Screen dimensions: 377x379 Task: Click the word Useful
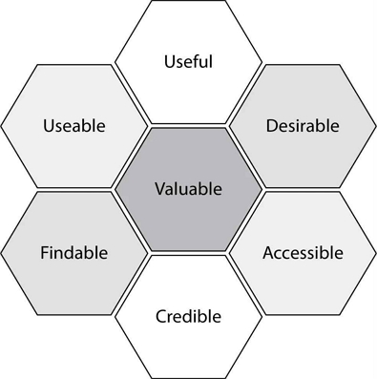188,61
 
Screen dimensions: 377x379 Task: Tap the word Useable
74,125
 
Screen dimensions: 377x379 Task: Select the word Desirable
303,125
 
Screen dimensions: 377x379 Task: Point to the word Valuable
188,189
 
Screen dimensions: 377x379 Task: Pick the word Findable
74,253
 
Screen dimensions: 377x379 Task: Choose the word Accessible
303,253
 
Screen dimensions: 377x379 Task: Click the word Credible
188,316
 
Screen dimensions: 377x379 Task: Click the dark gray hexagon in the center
188,190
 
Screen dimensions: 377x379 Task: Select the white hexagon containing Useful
188,62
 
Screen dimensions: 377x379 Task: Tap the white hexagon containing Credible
188,317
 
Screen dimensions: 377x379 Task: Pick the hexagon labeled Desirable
303,126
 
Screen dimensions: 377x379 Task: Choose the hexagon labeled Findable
74,253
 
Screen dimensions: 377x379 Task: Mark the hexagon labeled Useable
74,126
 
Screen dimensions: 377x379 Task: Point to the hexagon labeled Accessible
303,253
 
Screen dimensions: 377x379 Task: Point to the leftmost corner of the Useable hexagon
1,126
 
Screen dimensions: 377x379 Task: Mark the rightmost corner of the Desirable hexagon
376,126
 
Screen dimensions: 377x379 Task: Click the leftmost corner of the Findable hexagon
1,253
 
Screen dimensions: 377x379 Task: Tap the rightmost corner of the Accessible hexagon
376,253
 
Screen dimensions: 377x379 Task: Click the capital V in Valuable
160,189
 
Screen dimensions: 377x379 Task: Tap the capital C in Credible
161,316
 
